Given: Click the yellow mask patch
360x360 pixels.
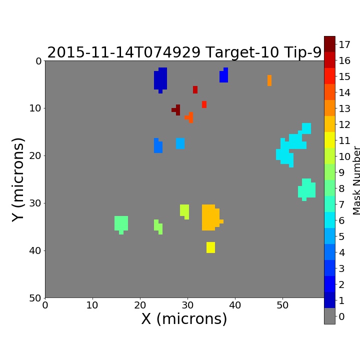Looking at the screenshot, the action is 210,247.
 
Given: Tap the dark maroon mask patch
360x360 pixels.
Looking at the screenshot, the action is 177,109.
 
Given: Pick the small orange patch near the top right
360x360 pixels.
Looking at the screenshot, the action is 269,80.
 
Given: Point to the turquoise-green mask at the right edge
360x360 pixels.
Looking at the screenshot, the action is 306,189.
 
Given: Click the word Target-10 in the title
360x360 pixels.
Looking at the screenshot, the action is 242,52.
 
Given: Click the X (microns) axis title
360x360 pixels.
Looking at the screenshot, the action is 184,319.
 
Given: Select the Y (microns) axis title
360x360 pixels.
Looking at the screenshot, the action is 18,180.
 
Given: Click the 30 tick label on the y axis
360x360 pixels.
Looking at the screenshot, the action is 35,203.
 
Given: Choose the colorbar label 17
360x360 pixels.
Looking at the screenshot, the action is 344,44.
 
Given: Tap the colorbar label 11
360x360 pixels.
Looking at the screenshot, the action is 344,140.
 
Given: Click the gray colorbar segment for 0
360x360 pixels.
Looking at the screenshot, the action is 329,316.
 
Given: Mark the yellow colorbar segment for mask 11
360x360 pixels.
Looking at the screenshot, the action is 329,140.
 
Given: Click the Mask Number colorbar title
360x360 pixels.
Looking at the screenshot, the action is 356,180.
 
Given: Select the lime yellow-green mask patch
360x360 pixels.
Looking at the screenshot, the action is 184,211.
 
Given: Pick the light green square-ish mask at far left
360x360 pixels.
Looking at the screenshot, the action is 121,224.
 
